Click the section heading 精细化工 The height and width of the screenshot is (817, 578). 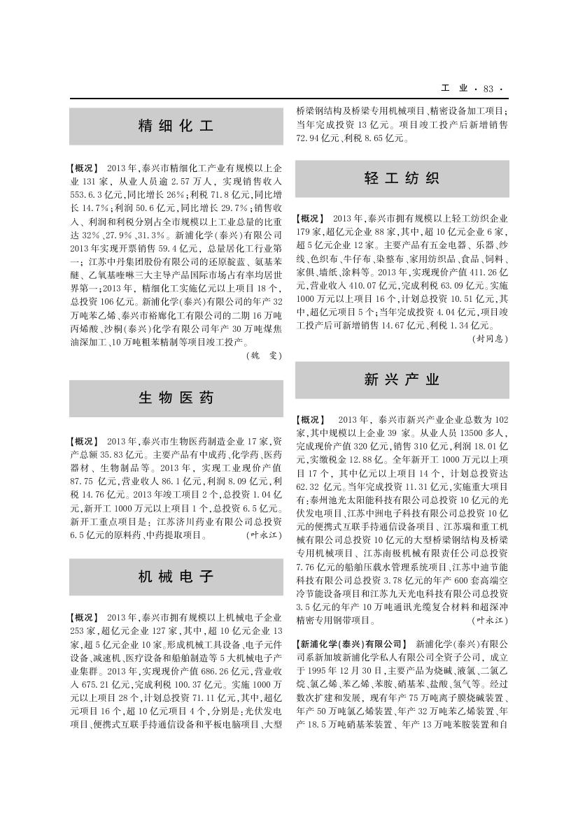coord(176,126)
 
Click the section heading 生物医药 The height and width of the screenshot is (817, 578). coord(176,398)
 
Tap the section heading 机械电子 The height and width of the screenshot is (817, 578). coord(176,577)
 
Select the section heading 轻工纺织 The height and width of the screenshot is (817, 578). coord(402,178)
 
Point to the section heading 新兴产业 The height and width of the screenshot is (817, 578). coord(402,379)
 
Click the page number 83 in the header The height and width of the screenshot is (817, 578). coord(488,89)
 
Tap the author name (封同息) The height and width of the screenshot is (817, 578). coord(491,338)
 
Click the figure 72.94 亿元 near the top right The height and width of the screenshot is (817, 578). coord(319,138)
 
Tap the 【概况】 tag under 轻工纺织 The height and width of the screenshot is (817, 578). coord(311,219)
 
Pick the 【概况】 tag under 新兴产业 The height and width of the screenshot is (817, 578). coord(311,420)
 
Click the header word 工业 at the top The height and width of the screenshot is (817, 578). coord(455,89)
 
